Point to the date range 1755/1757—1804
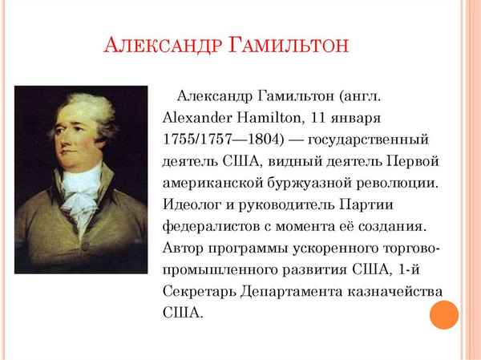click(218, 140)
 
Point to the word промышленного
click(212, 270)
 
